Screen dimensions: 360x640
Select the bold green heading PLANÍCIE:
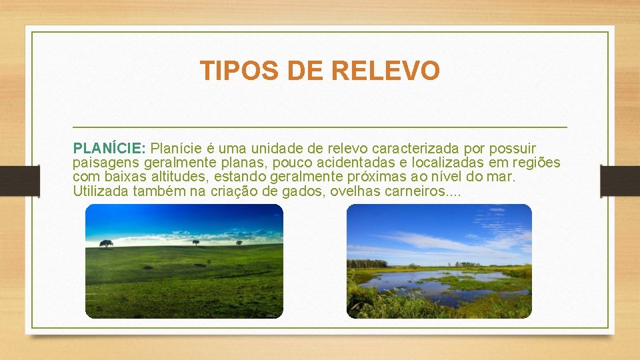coord(111,147)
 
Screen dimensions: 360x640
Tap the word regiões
coord(536,163)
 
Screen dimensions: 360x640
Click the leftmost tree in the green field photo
coord(106,243)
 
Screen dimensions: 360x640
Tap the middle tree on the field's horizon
coord(195,242)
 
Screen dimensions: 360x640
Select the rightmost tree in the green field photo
coord(239,243)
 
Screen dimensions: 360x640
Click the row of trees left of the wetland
coord(367,263)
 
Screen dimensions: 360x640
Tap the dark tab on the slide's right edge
coord(621,181)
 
